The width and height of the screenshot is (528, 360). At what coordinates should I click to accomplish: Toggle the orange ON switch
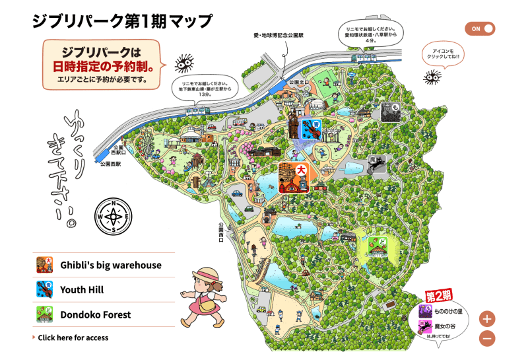[x=480, y=28]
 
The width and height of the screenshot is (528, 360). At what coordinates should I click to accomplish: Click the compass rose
[x=114, y=215]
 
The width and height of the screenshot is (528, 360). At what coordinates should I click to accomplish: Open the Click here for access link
[x=73, y=338]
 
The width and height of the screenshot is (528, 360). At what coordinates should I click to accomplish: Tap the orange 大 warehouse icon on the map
[x=294, y=178]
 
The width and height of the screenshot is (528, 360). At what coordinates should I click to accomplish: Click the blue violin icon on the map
[x=312, y=129]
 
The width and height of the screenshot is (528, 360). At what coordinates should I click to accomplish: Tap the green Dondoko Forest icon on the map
[x=377, y=246]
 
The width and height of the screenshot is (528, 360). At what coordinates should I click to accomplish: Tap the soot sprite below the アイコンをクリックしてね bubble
[x=432, y=78]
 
